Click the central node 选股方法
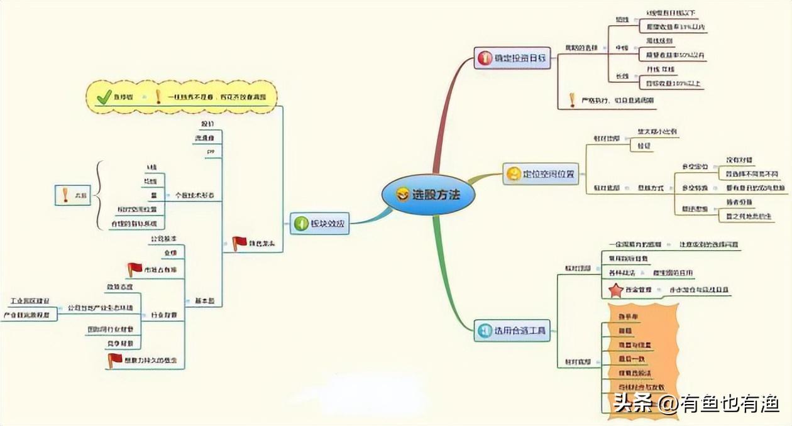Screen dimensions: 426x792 [x=429, y=195]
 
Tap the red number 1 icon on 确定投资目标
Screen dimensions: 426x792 [x=485, y=59]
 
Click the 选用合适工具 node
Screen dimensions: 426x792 [x=512, y=330]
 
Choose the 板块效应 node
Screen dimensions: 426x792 [x=320, y=223]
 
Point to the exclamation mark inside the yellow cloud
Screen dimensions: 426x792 [x=158, y=97]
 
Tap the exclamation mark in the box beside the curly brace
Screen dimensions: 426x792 [x=65, y=195]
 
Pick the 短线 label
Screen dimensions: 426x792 [x=622, y=19]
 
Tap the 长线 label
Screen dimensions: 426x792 [x=622, y=76]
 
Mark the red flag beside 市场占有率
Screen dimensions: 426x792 [x=135, y=270]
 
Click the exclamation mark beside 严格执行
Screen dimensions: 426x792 [x=572, y=100]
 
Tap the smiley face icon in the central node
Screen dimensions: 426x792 [x=402, y=195]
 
